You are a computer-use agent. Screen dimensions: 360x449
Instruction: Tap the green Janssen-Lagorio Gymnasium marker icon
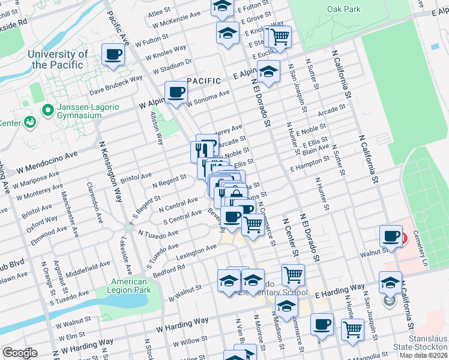point(47,110)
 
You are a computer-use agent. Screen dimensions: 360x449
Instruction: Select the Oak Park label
point(344,9)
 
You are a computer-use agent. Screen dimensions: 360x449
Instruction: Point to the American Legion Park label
point(123,286)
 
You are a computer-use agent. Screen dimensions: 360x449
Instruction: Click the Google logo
point(19,353)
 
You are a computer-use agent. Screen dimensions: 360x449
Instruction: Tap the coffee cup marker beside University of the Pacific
point(113,55)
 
